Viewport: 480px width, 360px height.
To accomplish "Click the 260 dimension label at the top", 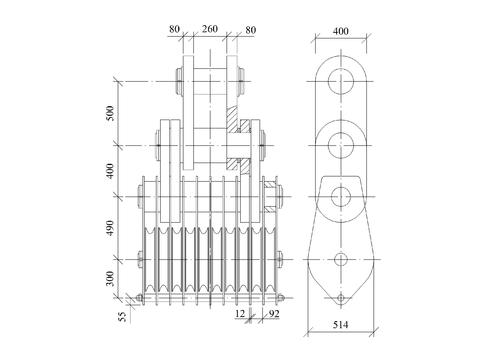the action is [210, 29].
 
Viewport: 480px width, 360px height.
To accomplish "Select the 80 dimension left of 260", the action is [174, 29].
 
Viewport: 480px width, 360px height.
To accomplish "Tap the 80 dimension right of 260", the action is [251, 30].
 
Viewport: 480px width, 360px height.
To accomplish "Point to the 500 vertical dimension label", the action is [110, 113].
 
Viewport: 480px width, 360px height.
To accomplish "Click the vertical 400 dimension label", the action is [110, 171].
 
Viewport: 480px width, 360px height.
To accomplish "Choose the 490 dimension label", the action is [110, 228].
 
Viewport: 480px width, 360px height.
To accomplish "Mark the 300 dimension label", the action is [110, 278].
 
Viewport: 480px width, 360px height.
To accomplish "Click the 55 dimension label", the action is [123, 317].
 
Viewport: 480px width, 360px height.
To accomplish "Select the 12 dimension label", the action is [240, 314].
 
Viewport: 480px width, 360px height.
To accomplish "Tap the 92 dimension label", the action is [274, 314].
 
